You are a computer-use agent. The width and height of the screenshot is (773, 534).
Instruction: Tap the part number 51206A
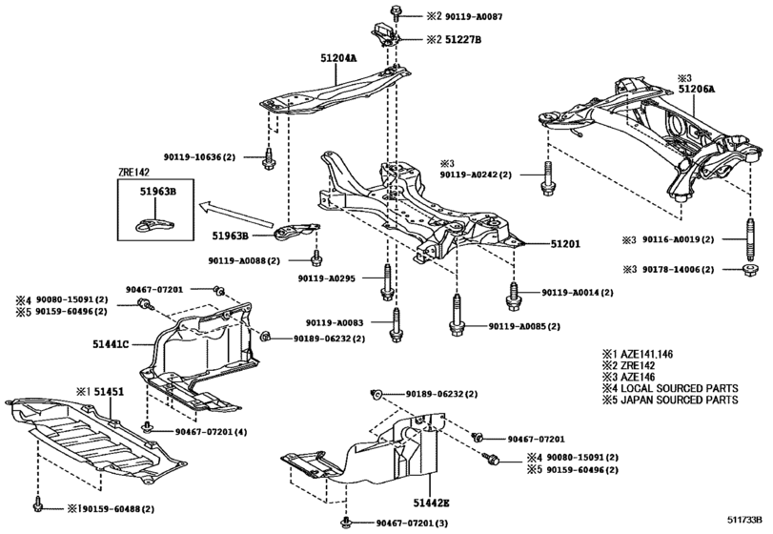click(696, 88)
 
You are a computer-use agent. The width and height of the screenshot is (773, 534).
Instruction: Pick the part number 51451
click(106, 391)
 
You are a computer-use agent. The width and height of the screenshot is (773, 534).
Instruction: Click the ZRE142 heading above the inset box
click(135, 175)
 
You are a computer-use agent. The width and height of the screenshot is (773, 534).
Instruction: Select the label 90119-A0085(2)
click(523, 326)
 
